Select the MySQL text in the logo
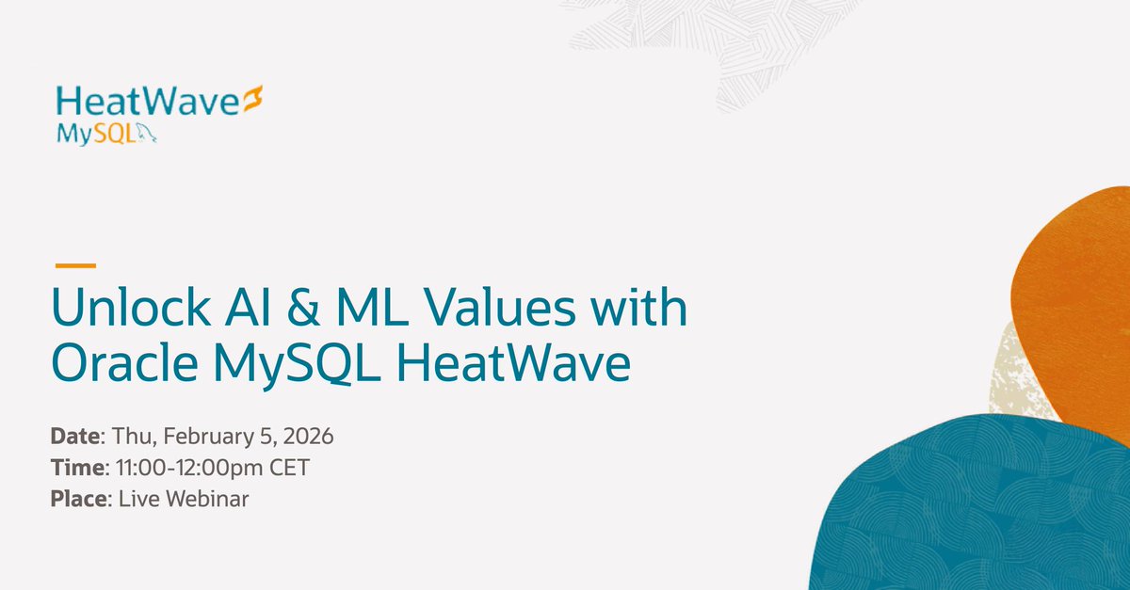coord(97,134)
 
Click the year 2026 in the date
coord(310,437)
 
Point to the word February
coord(193,437)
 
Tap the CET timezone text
coord(291,468)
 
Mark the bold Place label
coord(79,499)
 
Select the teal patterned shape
coord(970,508)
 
